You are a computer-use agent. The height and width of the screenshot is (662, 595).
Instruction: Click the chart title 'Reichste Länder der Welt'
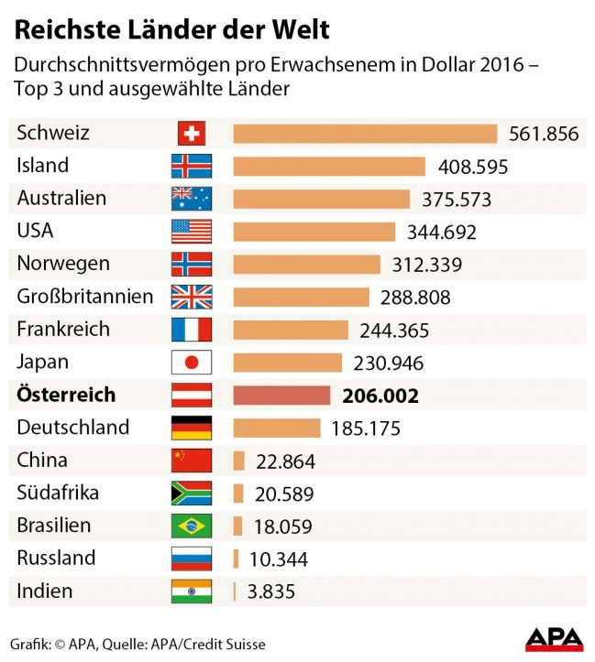click(x=171, y=29)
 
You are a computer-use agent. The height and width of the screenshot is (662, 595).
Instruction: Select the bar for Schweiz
click(x=365, y=134)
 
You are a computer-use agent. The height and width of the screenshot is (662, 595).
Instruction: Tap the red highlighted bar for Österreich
click(x=281, y=396)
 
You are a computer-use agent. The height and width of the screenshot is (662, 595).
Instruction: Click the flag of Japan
click(x=192, y=363)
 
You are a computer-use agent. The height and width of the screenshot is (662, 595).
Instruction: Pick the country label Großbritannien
click(x=85, y=297)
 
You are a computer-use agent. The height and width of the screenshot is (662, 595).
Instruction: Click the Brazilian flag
click(x=192, y=526)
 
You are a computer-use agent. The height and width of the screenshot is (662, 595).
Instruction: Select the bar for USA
click(x=314, y=232)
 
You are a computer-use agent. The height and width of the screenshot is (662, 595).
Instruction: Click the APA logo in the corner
click(x=554, y=638)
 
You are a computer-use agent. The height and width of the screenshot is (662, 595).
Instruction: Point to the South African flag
click(x=192, y=494)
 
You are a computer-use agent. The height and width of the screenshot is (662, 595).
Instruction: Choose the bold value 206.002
click(x=380, y=396)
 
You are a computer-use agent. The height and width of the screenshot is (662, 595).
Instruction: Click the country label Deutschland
click(x=73, y=428)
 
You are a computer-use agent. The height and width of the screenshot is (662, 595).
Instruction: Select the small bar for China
click(x=239, y=461)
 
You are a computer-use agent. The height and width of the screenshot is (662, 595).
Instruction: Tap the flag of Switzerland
click(x=192, y=134)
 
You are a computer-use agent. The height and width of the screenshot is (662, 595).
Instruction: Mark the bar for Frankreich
click(x=291, y=330)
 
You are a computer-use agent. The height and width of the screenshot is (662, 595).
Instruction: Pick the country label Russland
click(x=56, y=559)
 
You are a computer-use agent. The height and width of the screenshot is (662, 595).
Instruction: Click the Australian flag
click(x=192, y=199)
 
